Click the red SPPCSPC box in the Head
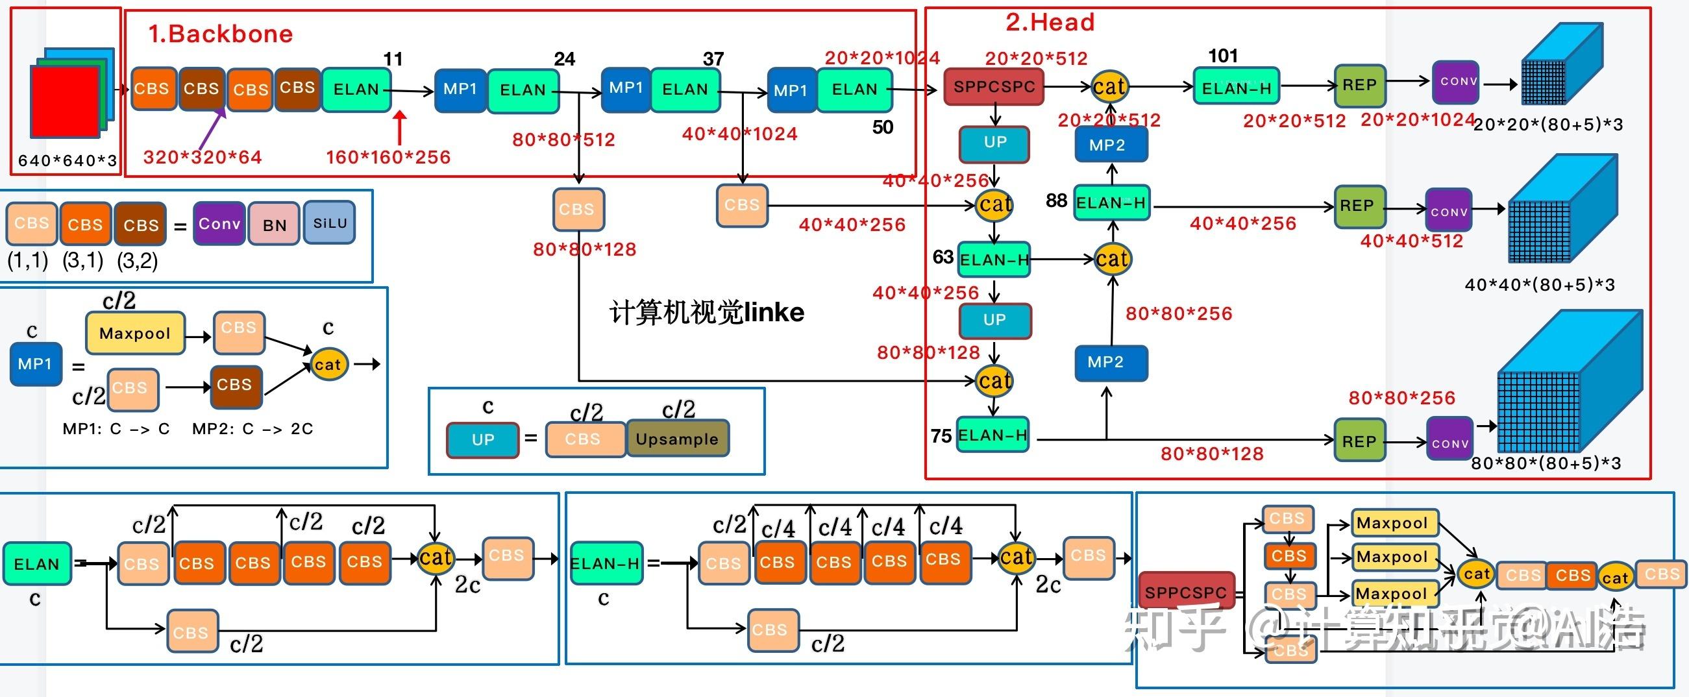(x=993, y=87)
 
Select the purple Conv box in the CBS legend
(x=219, y=224)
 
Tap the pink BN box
(x=275, y=225)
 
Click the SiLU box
(x=330, y=223)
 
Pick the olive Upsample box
(x=677, y=439)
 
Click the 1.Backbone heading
(x=220, y=34)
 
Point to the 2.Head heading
(x=1050, y=23)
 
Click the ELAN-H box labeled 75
(x=992, y=435)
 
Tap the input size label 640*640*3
(x=68, y=161)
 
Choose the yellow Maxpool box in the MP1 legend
(x=135, y=333)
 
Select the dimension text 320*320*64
(x=202, y=157)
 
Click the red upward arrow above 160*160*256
(x=399, y=127)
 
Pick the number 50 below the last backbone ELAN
(x=883, y=127)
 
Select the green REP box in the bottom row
(x=1359, y=441)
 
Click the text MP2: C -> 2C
(x=253, y=429)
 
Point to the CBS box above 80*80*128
(x=578, y=209)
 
